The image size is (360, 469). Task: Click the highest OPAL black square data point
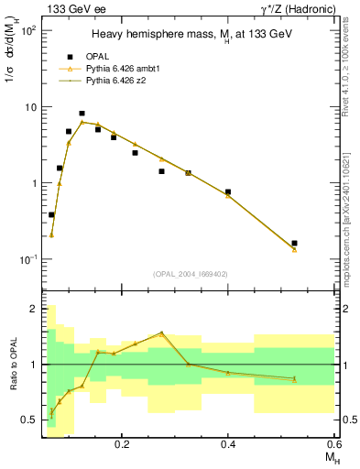pyautogui.click(x=82, y=114)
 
